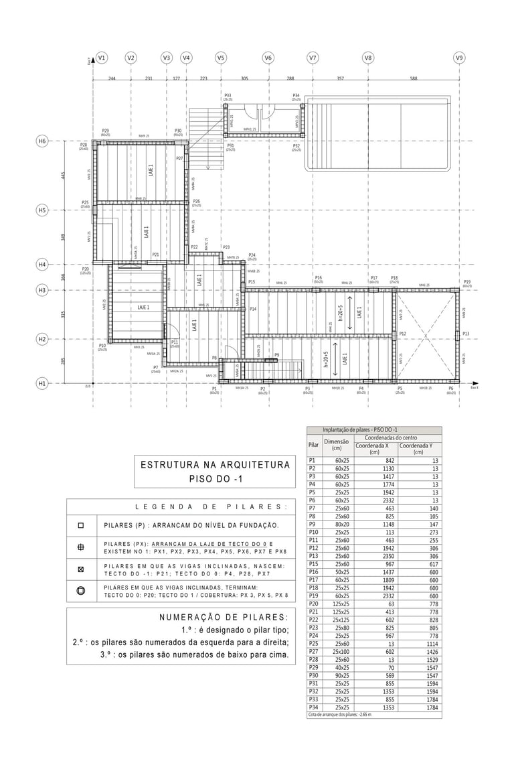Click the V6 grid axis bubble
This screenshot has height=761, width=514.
click(268, 58)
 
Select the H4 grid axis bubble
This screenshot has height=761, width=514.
click(41, 265)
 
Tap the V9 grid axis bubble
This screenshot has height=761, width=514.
click(459, 58)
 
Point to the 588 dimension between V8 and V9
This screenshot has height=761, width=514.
click(413, 78)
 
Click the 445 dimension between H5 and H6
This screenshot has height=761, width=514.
click(64, 176)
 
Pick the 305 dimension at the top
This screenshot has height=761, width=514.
click(244, 78)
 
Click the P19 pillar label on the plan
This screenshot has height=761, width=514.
click(467, 282)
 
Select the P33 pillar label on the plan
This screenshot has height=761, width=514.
click(228, 95)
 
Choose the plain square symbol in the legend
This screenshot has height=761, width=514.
click(81, 526)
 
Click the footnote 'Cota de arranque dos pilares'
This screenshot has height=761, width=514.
click(339, 715)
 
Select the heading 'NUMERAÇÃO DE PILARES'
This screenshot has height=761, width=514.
click(224, 616)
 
